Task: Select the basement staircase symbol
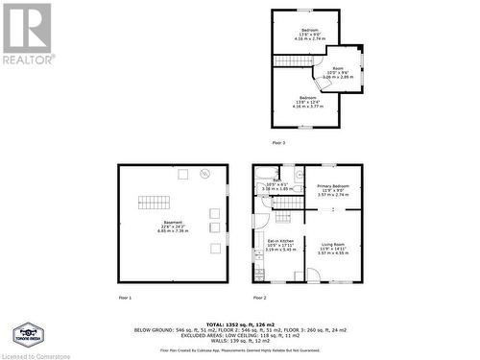[154, 202]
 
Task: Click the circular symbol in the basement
[204, 174]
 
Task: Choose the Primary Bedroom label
[333, 190]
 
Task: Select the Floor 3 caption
[277, 142]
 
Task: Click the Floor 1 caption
[124, 298]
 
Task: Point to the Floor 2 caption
[258, 298]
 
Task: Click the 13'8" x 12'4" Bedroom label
[307, 103]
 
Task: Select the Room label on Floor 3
[337, 71]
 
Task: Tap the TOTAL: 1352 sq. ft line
[240, 324]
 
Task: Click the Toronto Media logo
[25, 335]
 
